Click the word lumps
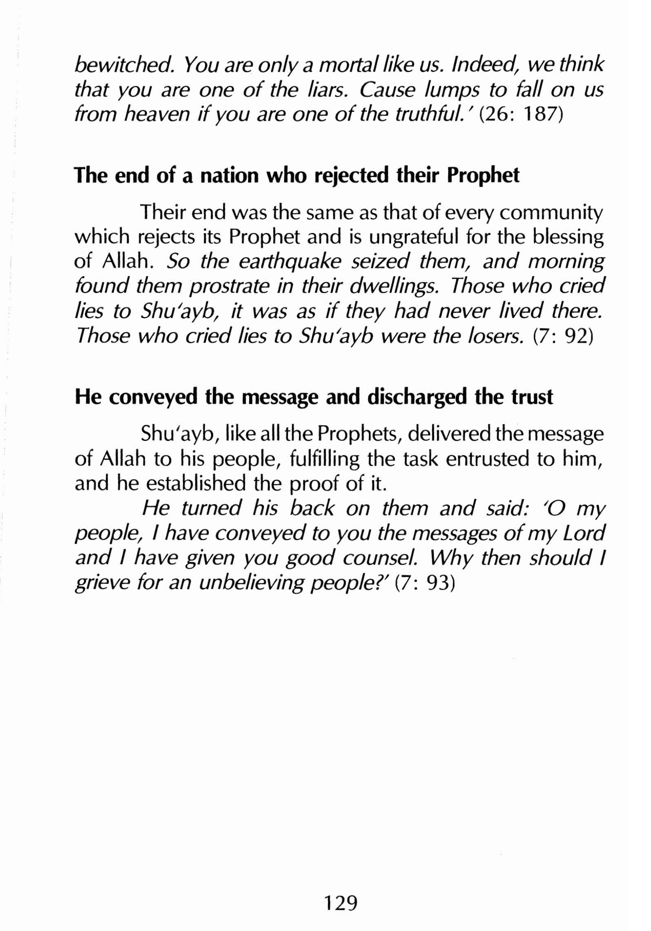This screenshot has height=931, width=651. point(447,90)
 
